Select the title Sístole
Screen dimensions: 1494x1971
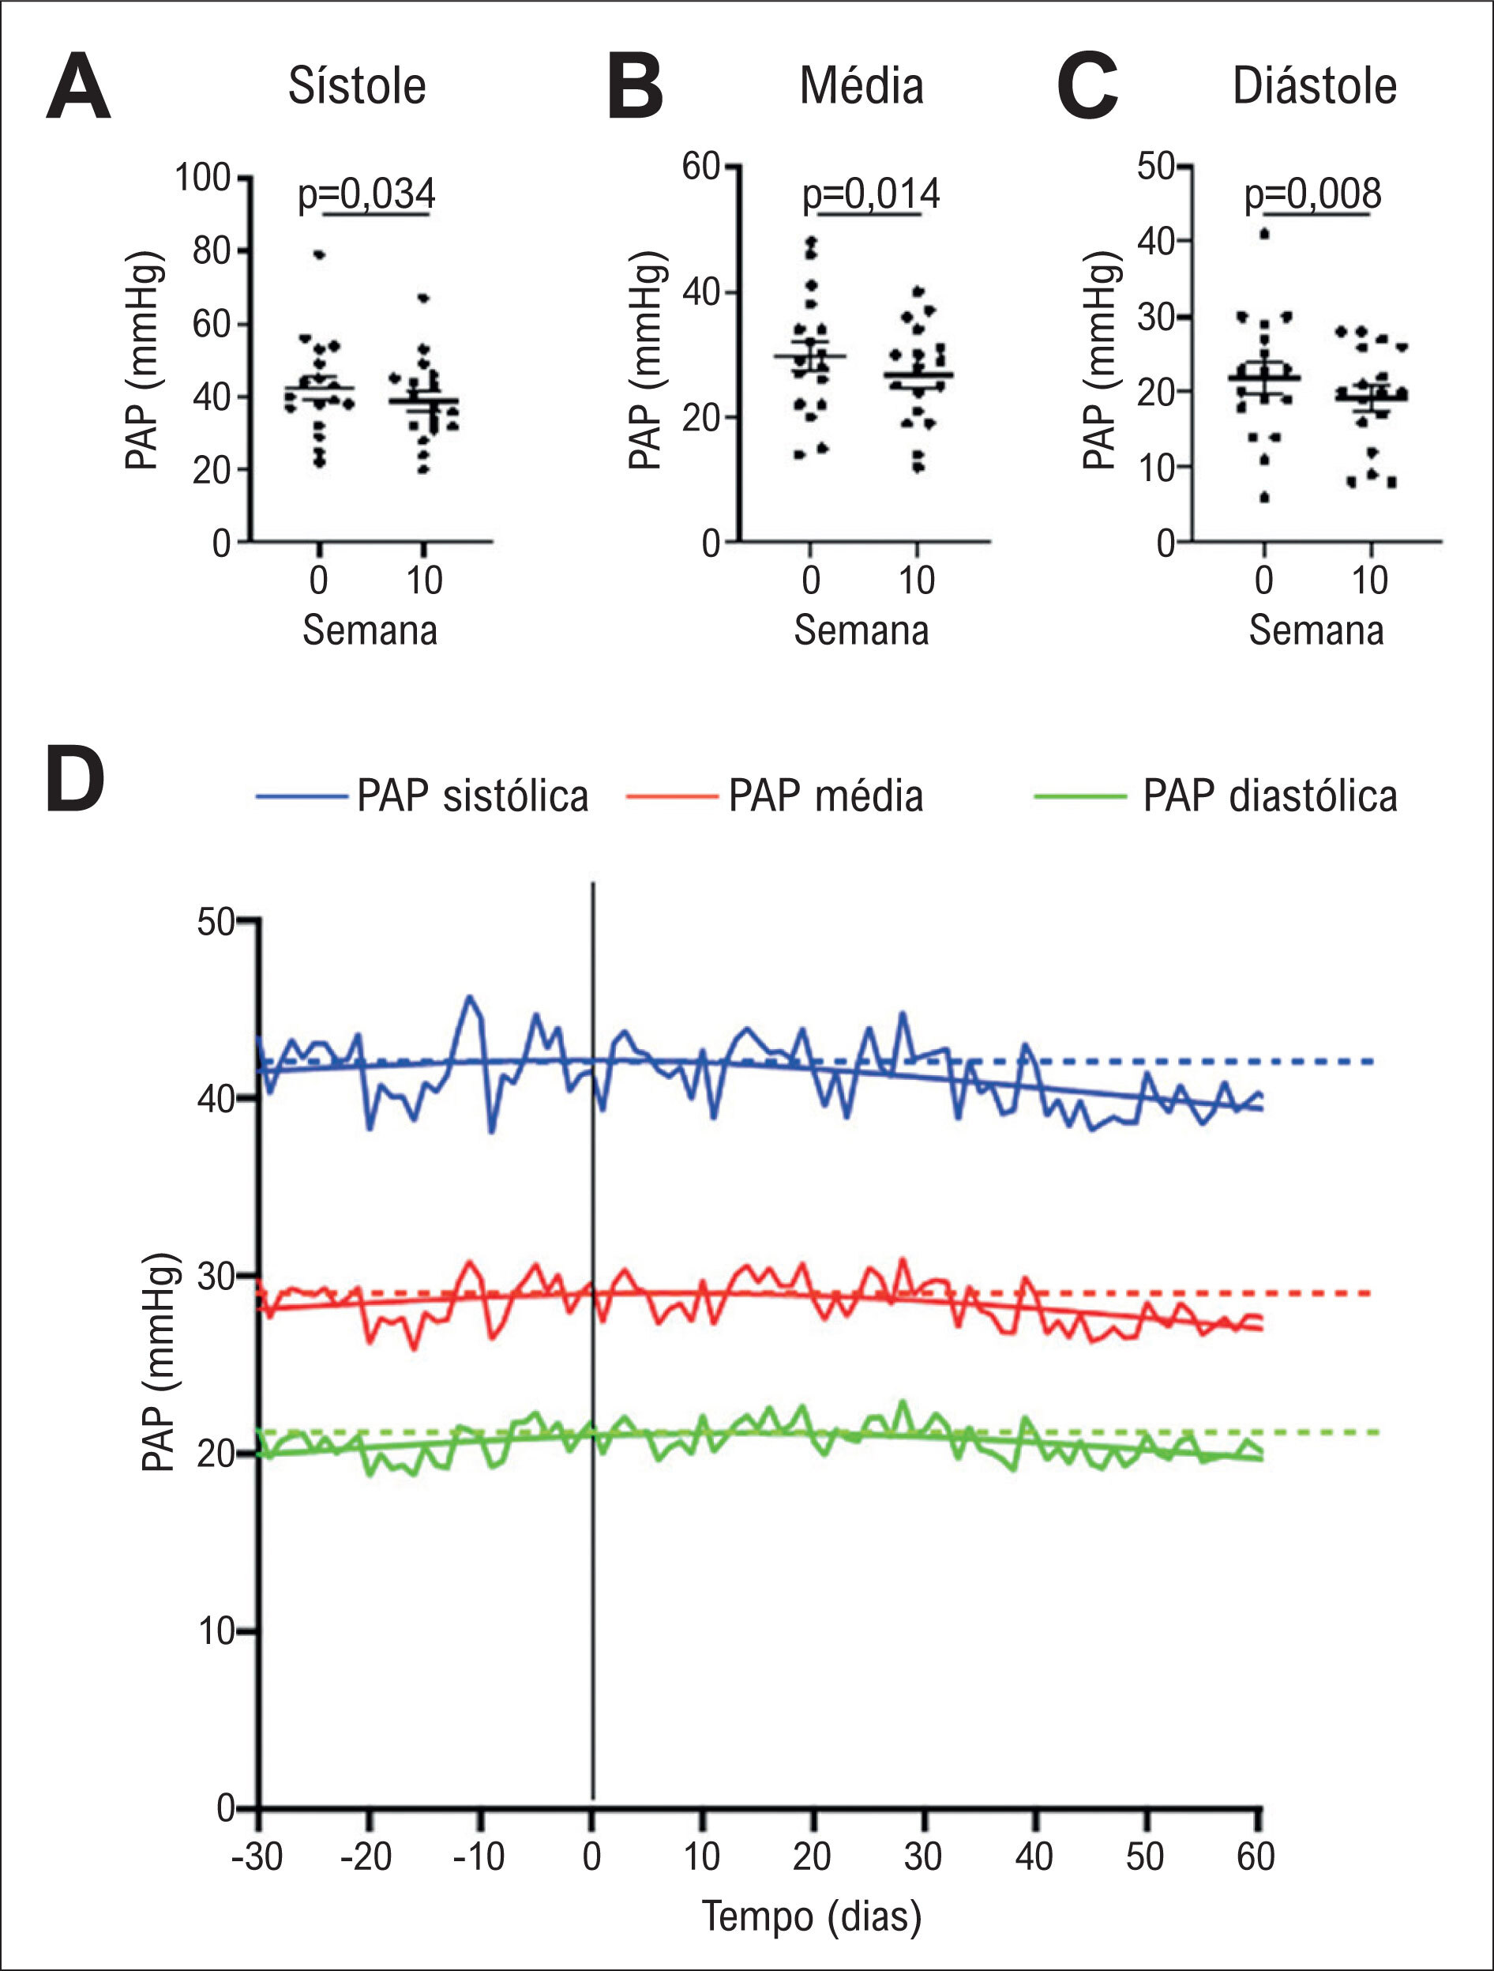[x=356, y=86]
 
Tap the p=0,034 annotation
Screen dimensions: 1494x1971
[x=366, y=194]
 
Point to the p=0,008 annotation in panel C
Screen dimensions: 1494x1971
[x=1312, y=194]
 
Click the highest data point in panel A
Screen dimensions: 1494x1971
[x=319, y=254]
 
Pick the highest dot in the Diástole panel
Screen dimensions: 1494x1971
[x=1264, y=234]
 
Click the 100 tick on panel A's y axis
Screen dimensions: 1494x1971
[x=202, y=177]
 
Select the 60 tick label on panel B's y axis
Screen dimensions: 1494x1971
[x=701, y=166]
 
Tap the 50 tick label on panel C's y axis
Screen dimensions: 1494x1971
[x=1156, y=166]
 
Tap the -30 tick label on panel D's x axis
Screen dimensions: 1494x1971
[x=257, y=1856]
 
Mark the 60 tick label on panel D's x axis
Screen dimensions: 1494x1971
[x=1256, y=1856]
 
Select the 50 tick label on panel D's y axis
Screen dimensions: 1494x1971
[x=216, y=922]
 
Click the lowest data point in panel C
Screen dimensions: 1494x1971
[x=1264, y=497]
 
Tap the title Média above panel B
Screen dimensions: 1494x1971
[x=861, y=86]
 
